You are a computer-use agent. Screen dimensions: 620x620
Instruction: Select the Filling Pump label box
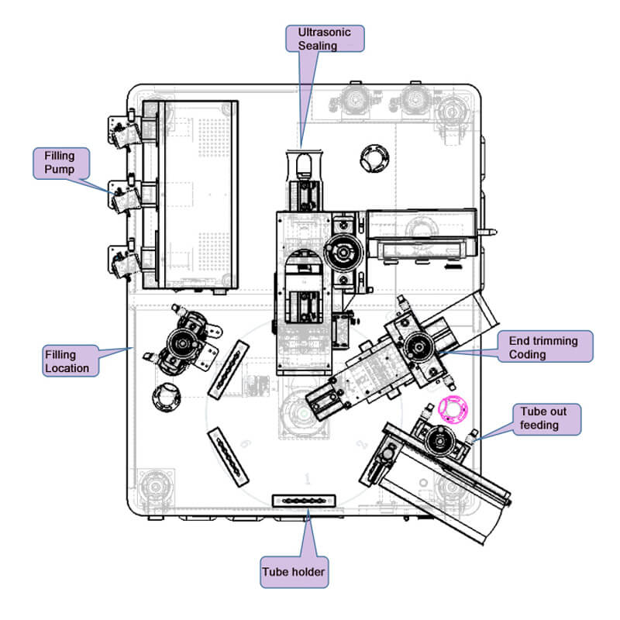tap(62, 164)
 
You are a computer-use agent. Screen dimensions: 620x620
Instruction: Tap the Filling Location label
tap(70, 361)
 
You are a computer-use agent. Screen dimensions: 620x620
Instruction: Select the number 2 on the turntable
tap(362, 446)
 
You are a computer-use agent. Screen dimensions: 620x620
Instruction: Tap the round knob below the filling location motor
tap(165, 398)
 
